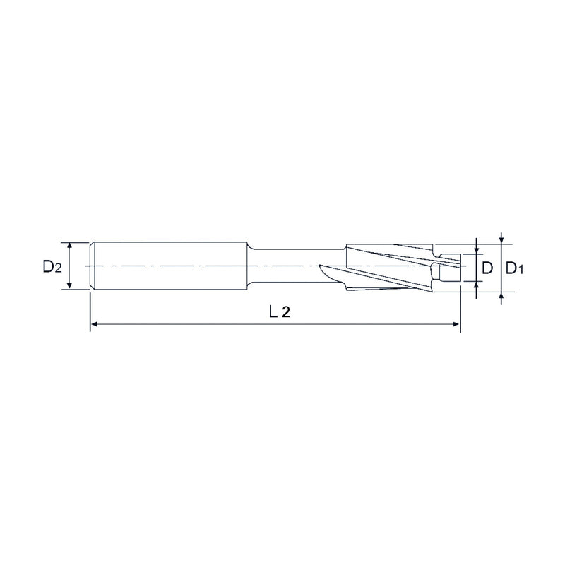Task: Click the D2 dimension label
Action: (x=52, y=267)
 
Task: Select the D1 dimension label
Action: (x=514, y=268)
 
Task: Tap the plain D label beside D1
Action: (x=487, y=268)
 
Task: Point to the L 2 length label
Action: (x=280, y=311)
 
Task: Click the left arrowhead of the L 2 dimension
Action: (x=94, y=324)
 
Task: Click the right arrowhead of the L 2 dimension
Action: (x=456, y=324)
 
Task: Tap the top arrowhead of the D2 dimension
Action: (x=70, y=246)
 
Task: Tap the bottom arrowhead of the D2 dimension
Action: (x=70, y=285)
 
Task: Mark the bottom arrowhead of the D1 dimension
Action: (x=501, y=295)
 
